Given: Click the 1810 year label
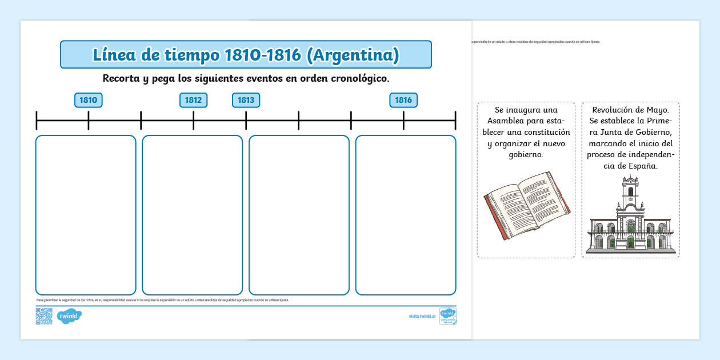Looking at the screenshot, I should pos(89,101).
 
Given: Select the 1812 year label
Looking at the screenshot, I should pos(193,101).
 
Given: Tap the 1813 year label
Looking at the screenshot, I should pos(246,101).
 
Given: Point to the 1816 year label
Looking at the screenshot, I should pos(403,101).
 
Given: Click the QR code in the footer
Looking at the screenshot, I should pos(44,316).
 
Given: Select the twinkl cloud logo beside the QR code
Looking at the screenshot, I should pos(70,316).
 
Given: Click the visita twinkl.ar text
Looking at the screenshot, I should pos(422,316).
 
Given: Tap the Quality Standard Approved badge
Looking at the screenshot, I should pos(447,316).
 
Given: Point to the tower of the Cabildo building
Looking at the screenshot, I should pos(630,191).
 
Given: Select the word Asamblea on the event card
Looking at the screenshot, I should pos(507,121).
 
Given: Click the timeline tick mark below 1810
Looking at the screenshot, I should pos(89,120).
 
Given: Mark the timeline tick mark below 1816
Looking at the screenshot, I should pos(403,120).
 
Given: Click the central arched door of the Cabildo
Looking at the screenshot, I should pos(630,242).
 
